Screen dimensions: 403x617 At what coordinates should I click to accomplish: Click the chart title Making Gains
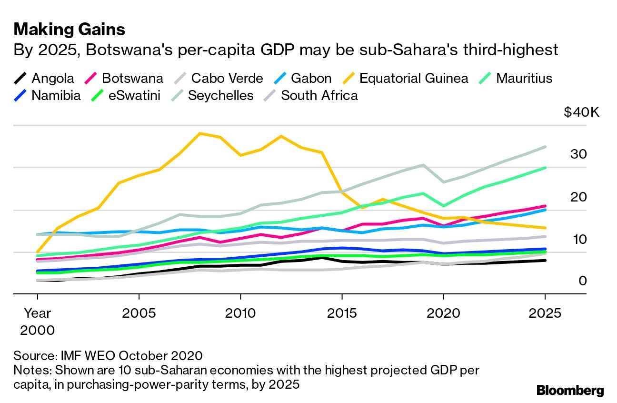click(x=70, y=30)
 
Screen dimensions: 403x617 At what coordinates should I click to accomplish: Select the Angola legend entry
click(x=53, y=78)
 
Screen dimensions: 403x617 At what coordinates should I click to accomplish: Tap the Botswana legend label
click(x=132, y=78)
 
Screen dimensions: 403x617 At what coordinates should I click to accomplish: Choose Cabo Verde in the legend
click(x=227, y=78)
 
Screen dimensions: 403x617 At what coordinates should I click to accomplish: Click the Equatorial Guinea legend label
click(x=413, y=78)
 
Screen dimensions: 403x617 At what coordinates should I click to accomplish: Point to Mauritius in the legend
click(x=524, y=78)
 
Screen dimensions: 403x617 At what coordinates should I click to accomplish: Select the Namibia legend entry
click(x=56, y=95)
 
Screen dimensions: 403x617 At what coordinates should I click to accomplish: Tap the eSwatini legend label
click(x=134, y=95)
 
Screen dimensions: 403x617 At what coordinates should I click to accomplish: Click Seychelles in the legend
click(x=220, y=95)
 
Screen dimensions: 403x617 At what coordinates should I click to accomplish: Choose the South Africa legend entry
click(x=319, y=95)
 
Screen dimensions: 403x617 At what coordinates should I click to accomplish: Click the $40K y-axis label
click(x=581, y=112)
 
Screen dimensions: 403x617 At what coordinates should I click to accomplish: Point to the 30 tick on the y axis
click(x=578, y=154)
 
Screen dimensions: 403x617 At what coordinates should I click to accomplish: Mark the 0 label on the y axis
click(x=583, y=281)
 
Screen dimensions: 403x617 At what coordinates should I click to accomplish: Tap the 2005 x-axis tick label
click(x=139, y=313)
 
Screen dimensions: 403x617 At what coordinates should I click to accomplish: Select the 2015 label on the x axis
click(x=341, y=313)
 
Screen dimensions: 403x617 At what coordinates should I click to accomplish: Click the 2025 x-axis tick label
click(x=545, y=313)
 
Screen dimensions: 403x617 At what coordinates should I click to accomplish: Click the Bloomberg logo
click(x=570, y=391)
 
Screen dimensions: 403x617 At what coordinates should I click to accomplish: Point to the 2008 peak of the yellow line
click(x=200, y=133)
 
